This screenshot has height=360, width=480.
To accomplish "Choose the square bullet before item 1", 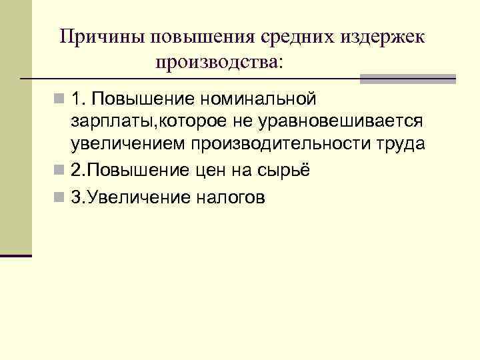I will [x=61, y=100].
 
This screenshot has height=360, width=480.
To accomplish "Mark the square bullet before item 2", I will [x=61, y=170].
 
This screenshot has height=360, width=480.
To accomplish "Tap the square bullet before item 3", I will [x=61, y=197].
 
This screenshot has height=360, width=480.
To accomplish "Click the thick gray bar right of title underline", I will [x=407, y=79].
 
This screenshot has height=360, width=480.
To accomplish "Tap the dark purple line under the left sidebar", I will [x=16, y=255].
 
